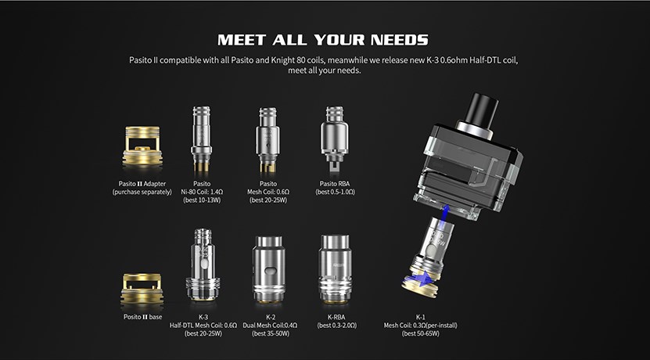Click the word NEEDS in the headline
(399, 40)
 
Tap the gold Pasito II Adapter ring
(142, 146)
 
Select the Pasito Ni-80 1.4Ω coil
(202, 139)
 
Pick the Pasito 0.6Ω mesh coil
(268, 140)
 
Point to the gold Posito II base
(142, 289)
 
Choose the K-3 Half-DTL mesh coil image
(203, 265)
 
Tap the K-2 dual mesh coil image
(268, 268)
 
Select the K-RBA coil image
(335, 268)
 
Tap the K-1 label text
(420, 317)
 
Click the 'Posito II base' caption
(142, 317)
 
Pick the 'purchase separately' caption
(142, 192)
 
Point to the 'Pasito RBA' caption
(335, 184)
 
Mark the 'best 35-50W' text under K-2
(271, 333)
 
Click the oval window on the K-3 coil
(203, 265)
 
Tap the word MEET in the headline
(242, 40)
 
